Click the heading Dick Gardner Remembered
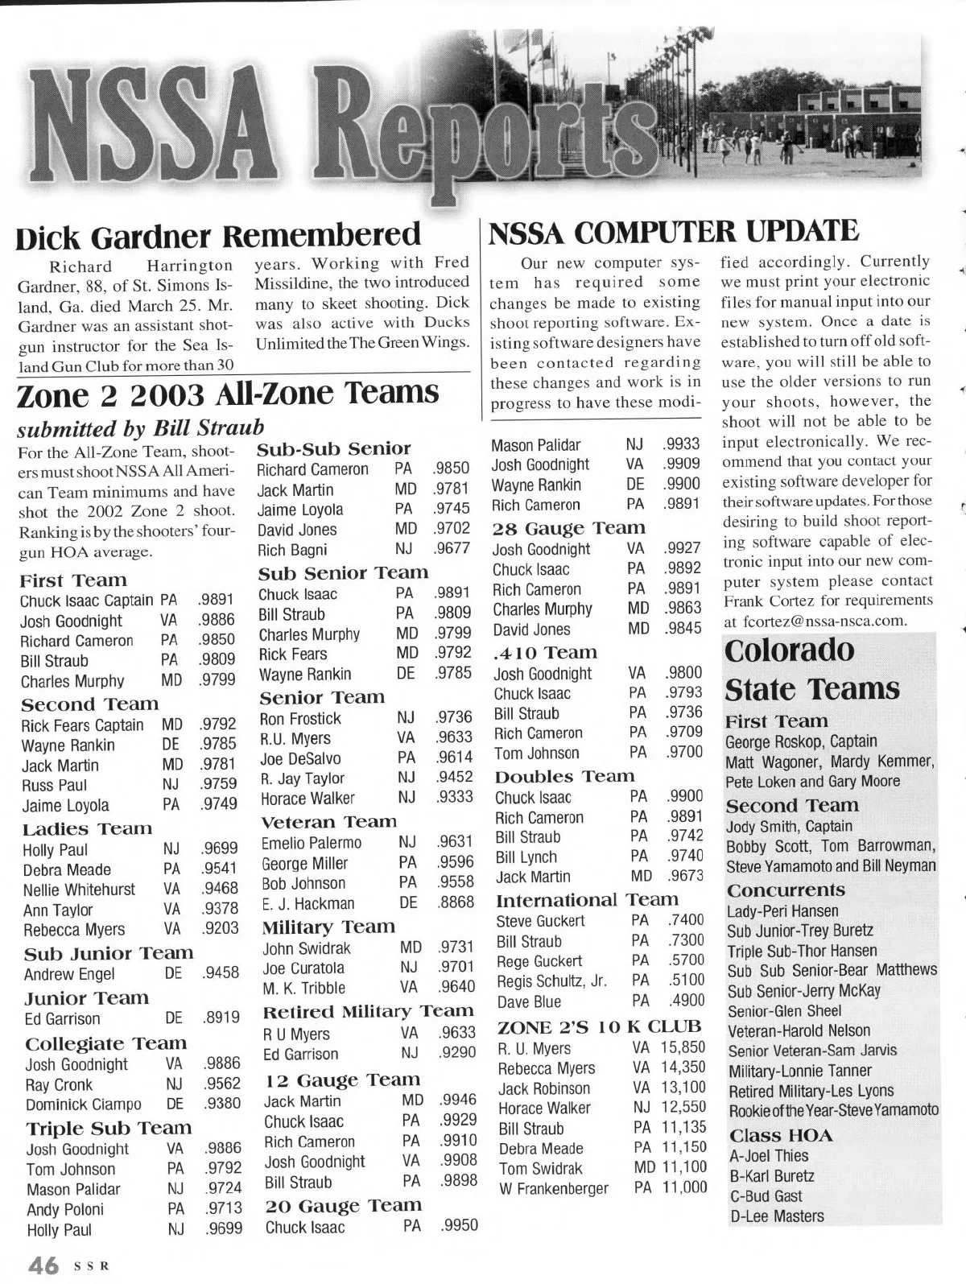pos(218,236)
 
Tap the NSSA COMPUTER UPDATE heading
pos(673,233)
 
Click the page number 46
pos(43,1265)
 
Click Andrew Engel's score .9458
pos(221,972)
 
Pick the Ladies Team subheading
pos(86,829)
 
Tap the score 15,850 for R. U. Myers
pos(683,1048)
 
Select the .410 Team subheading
pos(545,653)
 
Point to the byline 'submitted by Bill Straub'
pos(140,427)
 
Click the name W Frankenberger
pos(554,1188)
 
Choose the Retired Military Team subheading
pos(369,1012)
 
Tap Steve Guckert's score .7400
pos(686,920)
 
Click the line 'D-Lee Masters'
pos(776,1216)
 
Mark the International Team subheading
pos(587,900)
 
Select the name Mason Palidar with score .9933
pos(535,444)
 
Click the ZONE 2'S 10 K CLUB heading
pos(600,1027)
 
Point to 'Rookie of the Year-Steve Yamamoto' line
pos(833,1110)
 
